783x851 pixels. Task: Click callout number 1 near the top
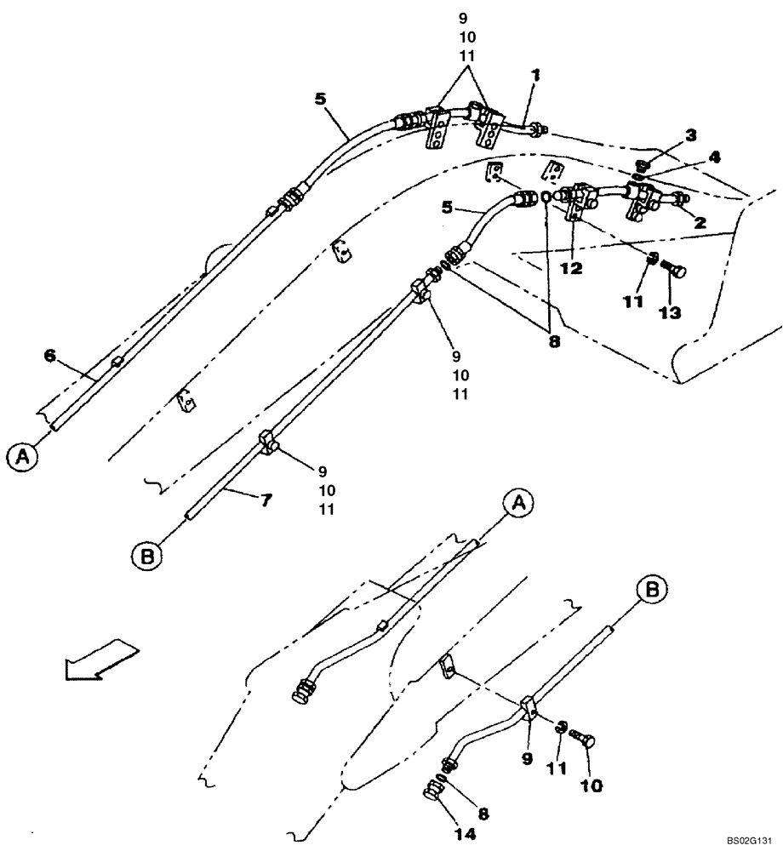534,76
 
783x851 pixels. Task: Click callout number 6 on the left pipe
49,355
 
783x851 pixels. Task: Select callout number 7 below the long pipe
266,501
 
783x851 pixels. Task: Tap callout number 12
573,268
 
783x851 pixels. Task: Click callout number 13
669,313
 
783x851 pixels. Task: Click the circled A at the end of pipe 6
25,458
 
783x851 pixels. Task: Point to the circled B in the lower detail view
653,589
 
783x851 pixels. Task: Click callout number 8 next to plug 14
483,814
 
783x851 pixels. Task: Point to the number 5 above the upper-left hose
319,99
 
